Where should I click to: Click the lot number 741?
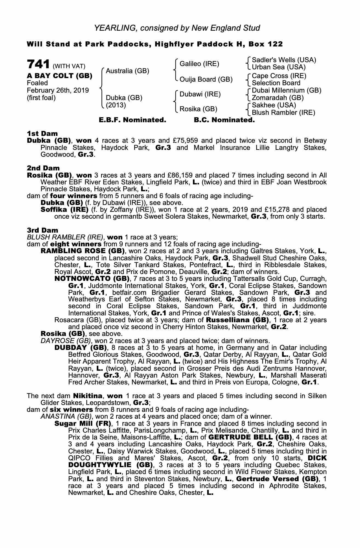[38, 65]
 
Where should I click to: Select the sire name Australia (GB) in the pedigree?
[127, 71]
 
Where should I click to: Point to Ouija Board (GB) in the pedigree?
[206, 79]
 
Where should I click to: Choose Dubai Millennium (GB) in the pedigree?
[286, 90]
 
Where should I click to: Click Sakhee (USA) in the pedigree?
[274, 105]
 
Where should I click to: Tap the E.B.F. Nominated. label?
[132, 120]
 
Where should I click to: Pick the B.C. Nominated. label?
[224, 120]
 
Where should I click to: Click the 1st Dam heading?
[42, 134]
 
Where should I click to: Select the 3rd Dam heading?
[42, 230]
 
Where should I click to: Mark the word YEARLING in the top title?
[115, 28]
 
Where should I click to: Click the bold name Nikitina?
[88, 396]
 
